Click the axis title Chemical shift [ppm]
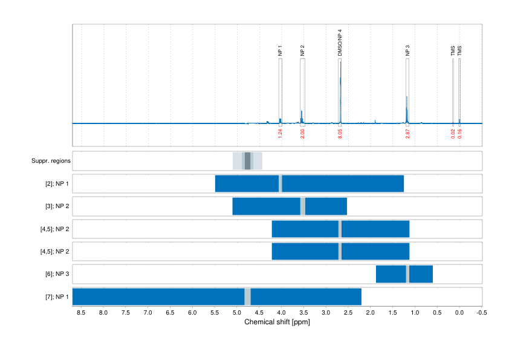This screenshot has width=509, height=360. click(277, 322)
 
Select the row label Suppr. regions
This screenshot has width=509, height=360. click(51, 161)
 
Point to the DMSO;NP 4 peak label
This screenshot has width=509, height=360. click(340, 43)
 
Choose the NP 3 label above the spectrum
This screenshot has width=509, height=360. click(407, 51)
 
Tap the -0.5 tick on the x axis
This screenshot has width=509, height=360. click(481, 313)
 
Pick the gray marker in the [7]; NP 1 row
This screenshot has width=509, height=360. click(247, 296)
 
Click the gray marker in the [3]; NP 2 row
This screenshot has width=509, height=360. click(303, 206)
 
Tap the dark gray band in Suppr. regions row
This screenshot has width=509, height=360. click(247, 161)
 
